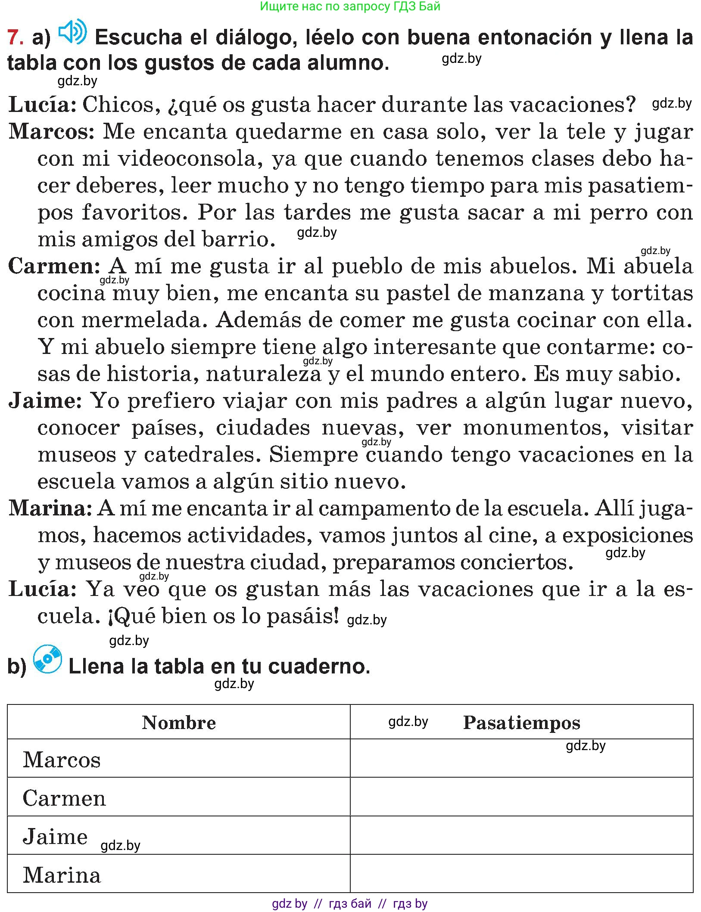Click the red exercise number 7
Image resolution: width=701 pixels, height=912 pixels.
tap(15, 38)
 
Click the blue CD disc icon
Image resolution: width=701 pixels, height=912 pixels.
tap(47, 659)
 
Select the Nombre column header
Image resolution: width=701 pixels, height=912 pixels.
tap(179, 723)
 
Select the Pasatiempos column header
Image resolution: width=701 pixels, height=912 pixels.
tap(521, 723)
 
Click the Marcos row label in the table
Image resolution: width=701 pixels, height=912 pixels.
tap(62, 760)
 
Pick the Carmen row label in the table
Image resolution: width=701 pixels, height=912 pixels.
tap(64, 799)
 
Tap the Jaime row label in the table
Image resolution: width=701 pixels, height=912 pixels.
tap(55, 837)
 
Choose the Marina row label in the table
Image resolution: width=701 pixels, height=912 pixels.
tap(62, 875)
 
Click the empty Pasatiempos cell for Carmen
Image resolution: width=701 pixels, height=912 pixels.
tap(521, 797)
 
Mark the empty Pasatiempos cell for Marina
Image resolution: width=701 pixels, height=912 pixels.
tap(521, 874)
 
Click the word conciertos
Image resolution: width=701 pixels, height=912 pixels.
tap(517, 562)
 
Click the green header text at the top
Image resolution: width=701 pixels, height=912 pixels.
tap(350, 6)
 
